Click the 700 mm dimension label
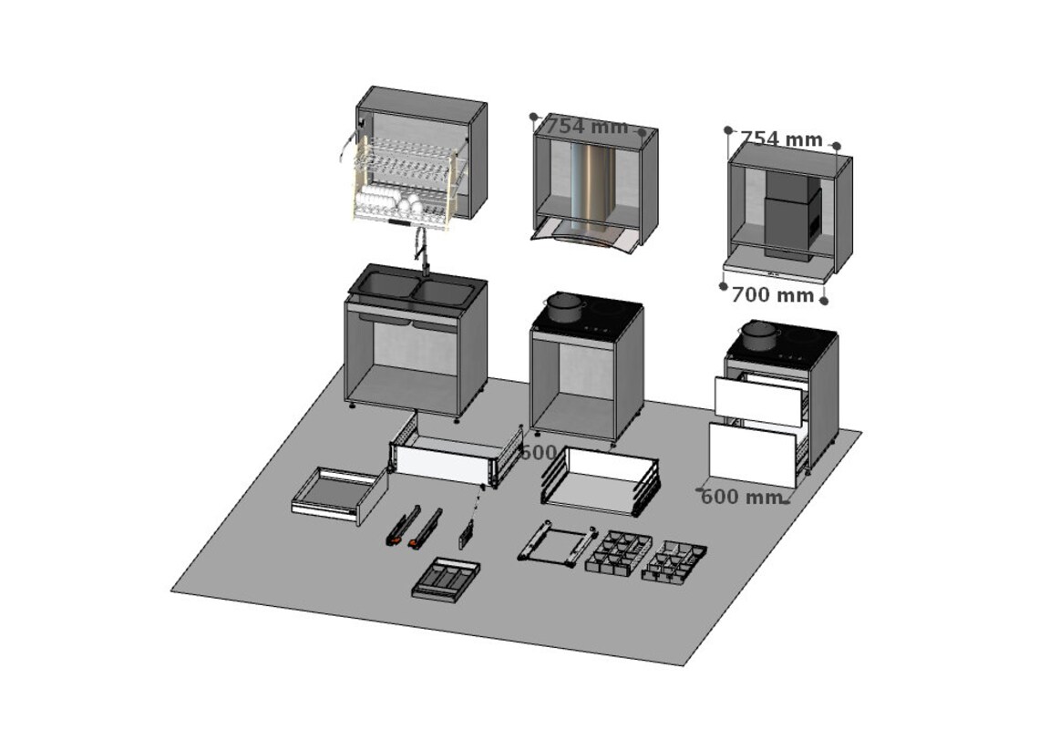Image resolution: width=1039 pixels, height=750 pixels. (x=773, y=295)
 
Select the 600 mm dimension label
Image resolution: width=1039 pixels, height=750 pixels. (x=741, y=498)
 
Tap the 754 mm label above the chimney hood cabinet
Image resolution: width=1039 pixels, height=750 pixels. (x=588, y=128)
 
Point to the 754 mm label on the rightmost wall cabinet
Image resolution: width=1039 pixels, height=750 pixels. (x=781, y=139)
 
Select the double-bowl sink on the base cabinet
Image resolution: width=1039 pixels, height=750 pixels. (x=416, y=290)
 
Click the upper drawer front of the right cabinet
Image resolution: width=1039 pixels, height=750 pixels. (x=757, y=401)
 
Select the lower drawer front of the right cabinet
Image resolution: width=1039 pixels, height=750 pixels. (x=753, y=454)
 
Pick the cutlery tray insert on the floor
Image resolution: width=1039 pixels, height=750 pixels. (x=446, y=578)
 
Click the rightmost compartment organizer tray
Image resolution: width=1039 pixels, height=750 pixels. (x=674, y=561)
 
